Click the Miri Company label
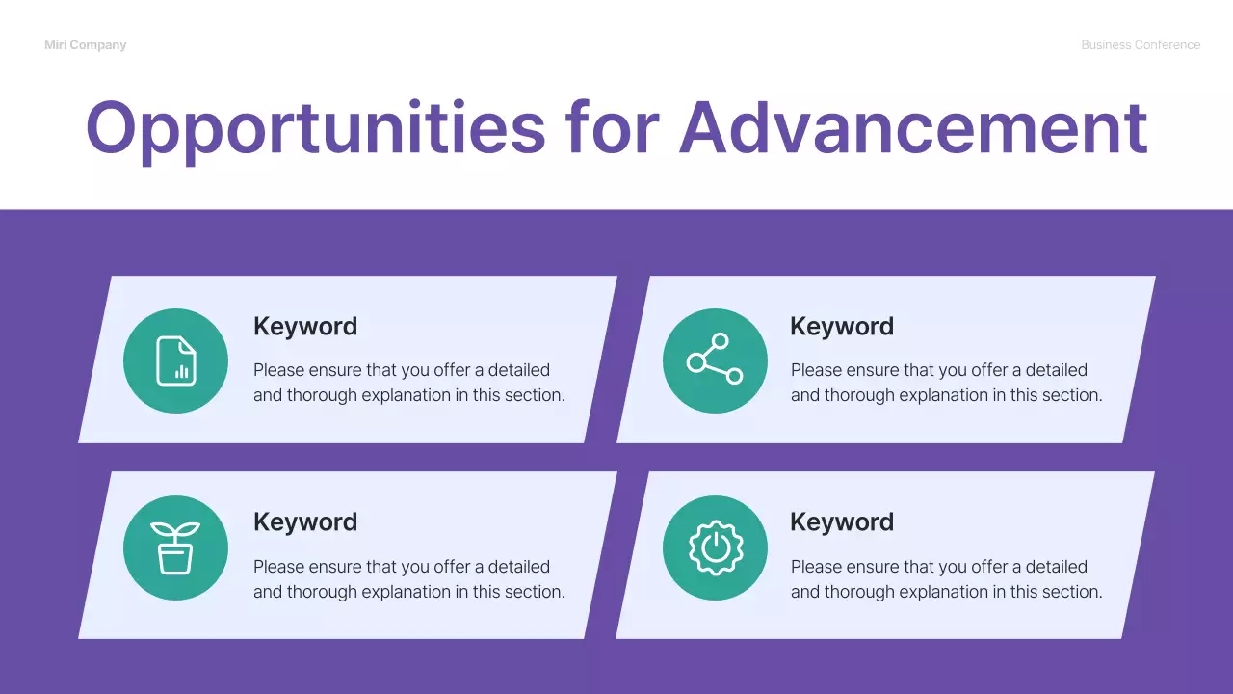coord(85,45)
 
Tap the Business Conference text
coord(1141,45)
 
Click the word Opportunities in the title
coord(315,129)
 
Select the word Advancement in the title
coord(913,127)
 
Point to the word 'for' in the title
coord(613,127)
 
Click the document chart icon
coord(176,360)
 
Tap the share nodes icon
coord(715,360)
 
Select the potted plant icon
coord(176,547)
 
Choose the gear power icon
coord(715,547)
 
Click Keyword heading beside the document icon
coord(305,327)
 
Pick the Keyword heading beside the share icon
coord(842,327)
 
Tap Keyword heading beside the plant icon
coord(305,522)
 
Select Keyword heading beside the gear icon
coord(842,522)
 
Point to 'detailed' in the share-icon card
coord(1056,370)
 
